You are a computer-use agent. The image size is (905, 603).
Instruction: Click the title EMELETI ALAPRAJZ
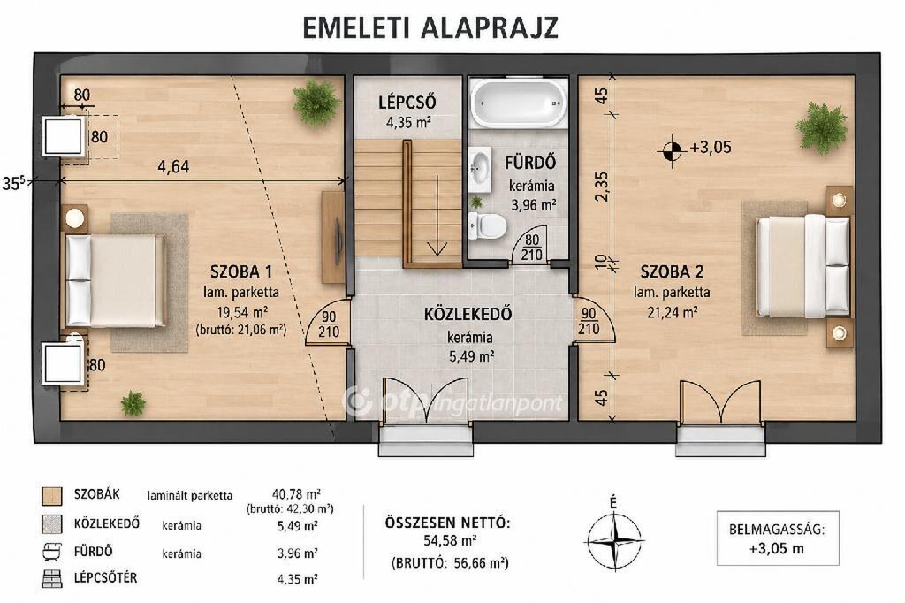[430, 27]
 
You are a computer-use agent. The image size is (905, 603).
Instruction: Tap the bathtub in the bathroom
[518, 103]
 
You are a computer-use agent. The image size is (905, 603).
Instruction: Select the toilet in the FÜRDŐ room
[487, 225]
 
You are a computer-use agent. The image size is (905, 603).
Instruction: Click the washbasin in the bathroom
[479, 169]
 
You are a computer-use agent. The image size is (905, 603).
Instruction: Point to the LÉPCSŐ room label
[407, 103]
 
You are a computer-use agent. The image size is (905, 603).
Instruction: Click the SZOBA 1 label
[241, 271]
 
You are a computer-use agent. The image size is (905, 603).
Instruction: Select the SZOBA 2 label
[672, 271]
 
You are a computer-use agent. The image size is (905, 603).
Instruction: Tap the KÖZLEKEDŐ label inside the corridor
[468, 314]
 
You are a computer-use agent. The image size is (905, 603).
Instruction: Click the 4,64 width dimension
[174, 166]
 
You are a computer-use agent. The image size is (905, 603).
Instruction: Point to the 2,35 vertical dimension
[601, 187]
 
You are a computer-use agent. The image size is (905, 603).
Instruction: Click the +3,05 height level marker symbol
[672, 150]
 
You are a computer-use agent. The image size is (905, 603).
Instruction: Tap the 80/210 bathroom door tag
[531, 248]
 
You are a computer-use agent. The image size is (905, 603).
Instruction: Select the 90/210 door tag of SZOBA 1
[329, 324]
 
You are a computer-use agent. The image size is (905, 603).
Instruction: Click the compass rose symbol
[615, 540]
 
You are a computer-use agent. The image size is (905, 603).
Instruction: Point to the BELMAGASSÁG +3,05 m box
[778, 538]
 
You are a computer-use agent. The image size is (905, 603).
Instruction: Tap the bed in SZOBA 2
[802, 265]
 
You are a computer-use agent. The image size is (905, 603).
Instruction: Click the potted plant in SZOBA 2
[821, 128]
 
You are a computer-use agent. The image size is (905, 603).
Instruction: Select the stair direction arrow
[437, 215]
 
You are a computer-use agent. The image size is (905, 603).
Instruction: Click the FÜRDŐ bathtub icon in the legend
[52, 553]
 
